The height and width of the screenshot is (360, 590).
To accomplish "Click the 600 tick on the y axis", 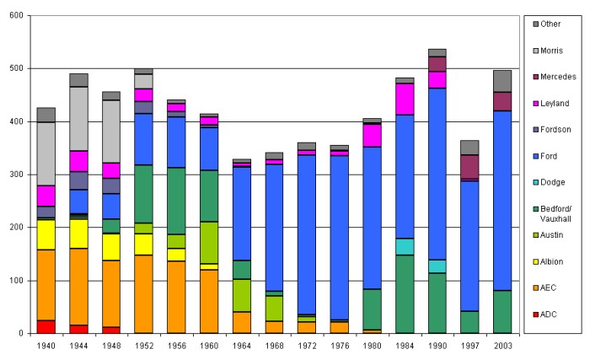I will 17,15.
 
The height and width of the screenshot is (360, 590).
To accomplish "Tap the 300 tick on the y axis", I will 17,175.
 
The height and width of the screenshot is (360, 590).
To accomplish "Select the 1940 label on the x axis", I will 46,346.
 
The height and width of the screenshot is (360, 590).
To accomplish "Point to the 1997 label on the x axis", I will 469,346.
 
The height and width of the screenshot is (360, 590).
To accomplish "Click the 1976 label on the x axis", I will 340,346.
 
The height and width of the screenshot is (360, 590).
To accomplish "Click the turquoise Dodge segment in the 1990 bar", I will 437,266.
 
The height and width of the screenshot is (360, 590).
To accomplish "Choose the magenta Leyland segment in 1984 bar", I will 405,99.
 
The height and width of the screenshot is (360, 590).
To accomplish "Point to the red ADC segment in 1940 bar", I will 46,326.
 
